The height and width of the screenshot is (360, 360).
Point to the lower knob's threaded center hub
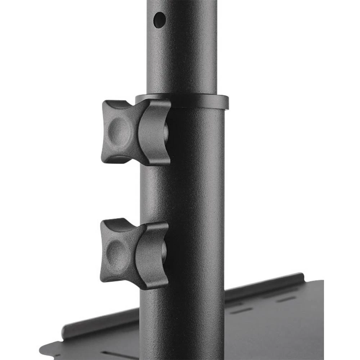(x=164, y=250)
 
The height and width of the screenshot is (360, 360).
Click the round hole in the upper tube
(x=159, y=19)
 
